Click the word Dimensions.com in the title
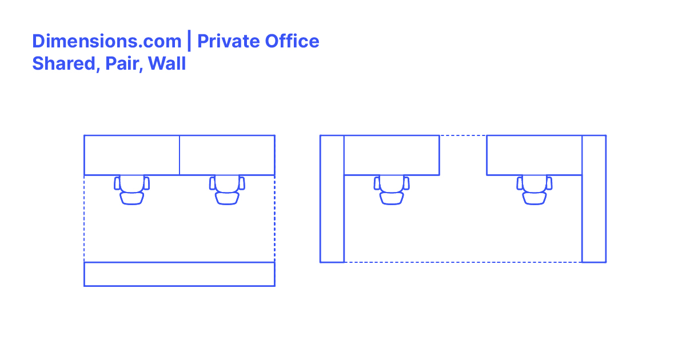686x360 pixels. click(106, 42)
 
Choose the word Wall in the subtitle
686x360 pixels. click(167, 63)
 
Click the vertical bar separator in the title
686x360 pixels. click(189, 42)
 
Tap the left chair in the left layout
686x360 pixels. click(132, 190)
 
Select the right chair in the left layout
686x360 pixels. click(227, 190)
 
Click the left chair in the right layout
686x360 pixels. click(392, 190)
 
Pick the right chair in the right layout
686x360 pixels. click(535, 190)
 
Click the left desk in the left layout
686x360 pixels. click(132, 155)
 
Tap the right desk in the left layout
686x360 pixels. click(227, 155)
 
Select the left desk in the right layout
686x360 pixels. click(392, 155)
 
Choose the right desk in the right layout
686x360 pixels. click(534, 155)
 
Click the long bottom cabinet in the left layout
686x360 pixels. click(180, 274)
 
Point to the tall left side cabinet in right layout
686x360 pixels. click(332, 199)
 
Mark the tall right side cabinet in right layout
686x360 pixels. click(594, 199)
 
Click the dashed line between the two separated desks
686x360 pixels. click(463, 135)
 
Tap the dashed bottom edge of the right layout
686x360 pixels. click(463, 262)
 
